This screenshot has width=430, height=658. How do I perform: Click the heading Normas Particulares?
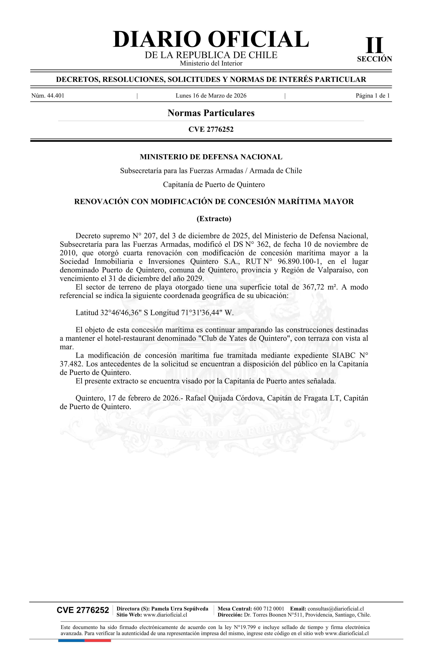point(211,113)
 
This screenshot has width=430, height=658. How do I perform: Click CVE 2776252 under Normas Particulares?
point(211,129)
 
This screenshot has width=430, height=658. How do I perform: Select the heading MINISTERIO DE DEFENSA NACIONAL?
point(211,157)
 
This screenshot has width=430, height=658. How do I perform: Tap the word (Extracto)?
point(214,219)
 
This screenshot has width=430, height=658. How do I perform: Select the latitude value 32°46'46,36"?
point(121,313)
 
